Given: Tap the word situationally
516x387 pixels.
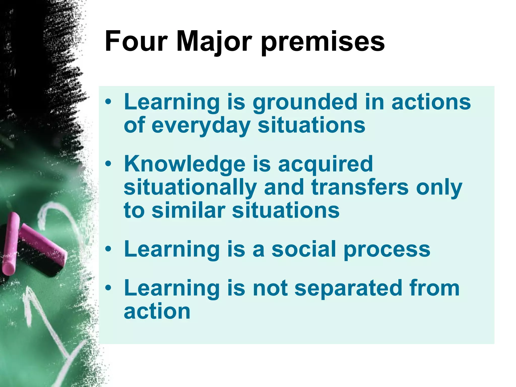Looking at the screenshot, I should click(x=190, y=188).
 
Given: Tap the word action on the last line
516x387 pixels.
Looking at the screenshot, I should click(x=157, y=311).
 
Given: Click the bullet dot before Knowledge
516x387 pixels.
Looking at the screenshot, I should click(x=108, y=165).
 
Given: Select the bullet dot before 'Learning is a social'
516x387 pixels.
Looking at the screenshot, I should click(x=108, y=249).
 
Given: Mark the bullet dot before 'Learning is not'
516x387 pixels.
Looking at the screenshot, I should click(x=108, y=288).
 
